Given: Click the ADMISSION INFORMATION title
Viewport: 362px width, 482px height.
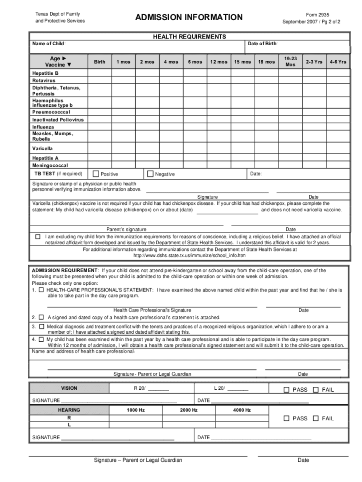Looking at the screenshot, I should [x=189, y=18].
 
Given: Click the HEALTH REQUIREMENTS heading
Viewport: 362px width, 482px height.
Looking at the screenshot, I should [x=189, y=37].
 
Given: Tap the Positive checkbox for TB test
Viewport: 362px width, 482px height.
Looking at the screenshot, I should [x=96, y=174].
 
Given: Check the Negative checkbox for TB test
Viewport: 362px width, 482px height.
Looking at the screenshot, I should [x=150, y=174].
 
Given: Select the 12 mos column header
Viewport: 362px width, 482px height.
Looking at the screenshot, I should [x=219, y=62].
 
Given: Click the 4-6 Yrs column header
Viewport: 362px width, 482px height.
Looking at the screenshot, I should [x=338, y=62].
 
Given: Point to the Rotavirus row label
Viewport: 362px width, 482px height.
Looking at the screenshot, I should [x=44, y=80].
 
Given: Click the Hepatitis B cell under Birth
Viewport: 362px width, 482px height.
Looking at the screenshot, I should [x=100, y=73].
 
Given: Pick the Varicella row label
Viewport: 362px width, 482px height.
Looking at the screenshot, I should [x=42, y=148].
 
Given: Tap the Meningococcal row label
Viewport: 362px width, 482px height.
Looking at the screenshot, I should [x=50, y=166].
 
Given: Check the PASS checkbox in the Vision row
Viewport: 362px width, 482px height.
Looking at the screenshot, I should [x=286, y=389].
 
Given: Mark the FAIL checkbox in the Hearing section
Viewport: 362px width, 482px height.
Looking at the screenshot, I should [x=316, y=418].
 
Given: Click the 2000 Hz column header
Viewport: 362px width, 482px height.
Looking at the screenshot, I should [x=189, y=410].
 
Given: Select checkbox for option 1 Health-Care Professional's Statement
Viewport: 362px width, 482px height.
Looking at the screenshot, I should [x=41, y=290].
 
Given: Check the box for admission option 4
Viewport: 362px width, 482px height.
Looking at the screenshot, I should [x=41, y=339].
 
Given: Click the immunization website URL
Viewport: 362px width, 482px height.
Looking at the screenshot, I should [x=189, y=256].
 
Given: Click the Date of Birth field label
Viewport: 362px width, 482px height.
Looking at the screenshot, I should [x=262, y=44].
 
